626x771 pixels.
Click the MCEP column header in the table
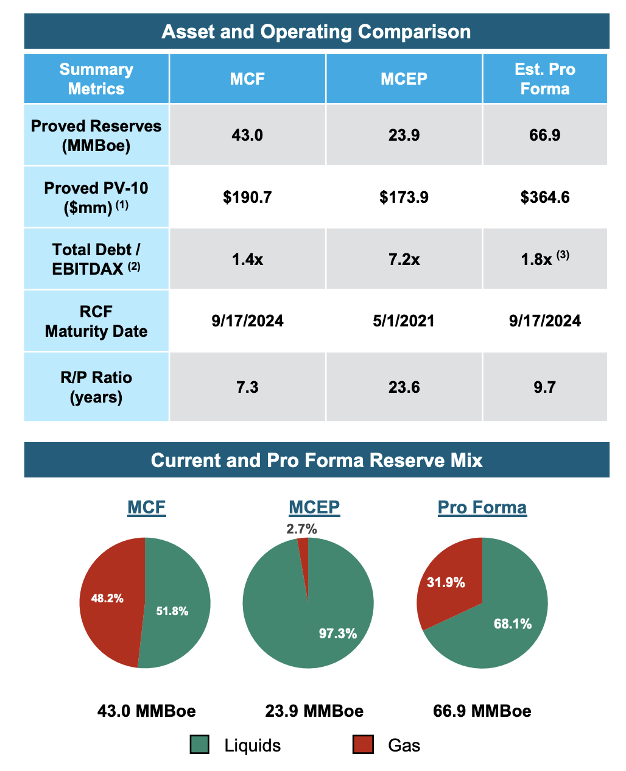(x=404, y=79)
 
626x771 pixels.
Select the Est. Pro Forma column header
(x=544, y=79)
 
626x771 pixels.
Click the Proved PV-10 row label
(x=96, y=197)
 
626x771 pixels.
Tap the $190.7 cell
(x=247, y=197)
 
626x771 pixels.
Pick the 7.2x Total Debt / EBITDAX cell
(x=404, y=259)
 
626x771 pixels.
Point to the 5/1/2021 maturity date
(x=404, y=321)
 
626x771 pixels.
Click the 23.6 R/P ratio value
(x=404, y=387)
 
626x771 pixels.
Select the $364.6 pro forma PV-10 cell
(x=544, y=197)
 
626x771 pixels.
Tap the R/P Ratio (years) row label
(x=96, y=387)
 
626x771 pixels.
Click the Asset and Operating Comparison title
(x=316, y=32)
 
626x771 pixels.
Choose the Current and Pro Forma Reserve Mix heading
(x=316, y=460)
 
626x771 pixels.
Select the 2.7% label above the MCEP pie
(x=301, y=529)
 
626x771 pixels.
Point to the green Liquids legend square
(x=200, y=745)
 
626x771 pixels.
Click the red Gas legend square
(x=363, y=745)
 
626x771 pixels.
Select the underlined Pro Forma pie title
(x=482, y=507)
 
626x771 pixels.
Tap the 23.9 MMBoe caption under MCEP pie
(x=314, y=711)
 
